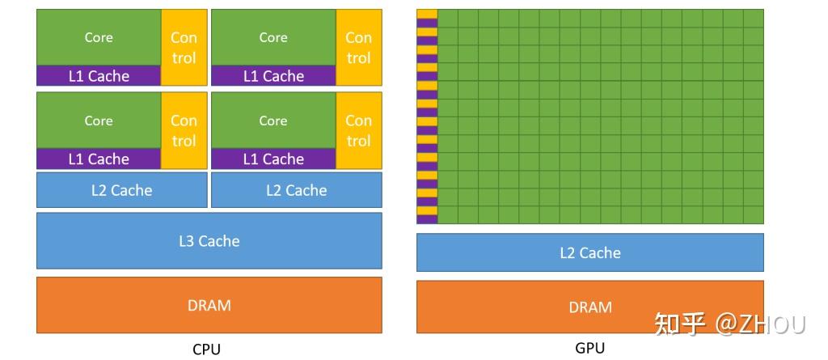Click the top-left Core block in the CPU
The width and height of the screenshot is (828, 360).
(x=99, y=37)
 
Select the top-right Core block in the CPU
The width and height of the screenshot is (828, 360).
(x=273, y=37)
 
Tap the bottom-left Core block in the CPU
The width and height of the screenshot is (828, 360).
(x=99, y=121)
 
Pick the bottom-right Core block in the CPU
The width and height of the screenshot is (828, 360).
(x=273, y=121)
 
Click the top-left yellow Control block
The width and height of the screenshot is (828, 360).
(x=184, y=47)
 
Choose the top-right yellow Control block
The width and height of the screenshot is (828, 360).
(x=358, y=47)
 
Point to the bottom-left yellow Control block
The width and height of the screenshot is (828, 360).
(x=184, y=130)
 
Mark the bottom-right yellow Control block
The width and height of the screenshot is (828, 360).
(x=358, y=130)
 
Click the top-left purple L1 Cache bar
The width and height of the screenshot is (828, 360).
(x=99, y=76)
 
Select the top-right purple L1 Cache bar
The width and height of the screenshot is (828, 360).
(x=273, y=76)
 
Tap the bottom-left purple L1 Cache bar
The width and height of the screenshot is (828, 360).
(x=99, y=159)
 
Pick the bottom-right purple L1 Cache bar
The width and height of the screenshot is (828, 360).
(x=273, y=159)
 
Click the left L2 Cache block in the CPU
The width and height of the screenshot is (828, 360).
(x=121, y=190)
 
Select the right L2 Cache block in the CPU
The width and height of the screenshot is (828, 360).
(x=296, y=190)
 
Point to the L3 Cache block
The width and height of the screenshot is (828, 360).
(x=209, y=240)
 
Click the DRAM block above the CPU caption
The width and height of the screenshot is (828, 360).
(x=209, y=305)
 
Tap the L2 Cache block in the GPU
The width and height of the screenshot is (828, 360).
(x=589, y=252)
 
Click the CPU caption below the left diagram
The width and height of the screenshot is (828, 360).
(x=206, y=349)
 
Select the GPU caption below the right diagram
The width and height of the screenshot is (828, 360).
(x=589, y=349)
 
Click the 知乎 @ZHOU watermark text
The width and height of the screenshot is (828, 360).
(x=729, y=324)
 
